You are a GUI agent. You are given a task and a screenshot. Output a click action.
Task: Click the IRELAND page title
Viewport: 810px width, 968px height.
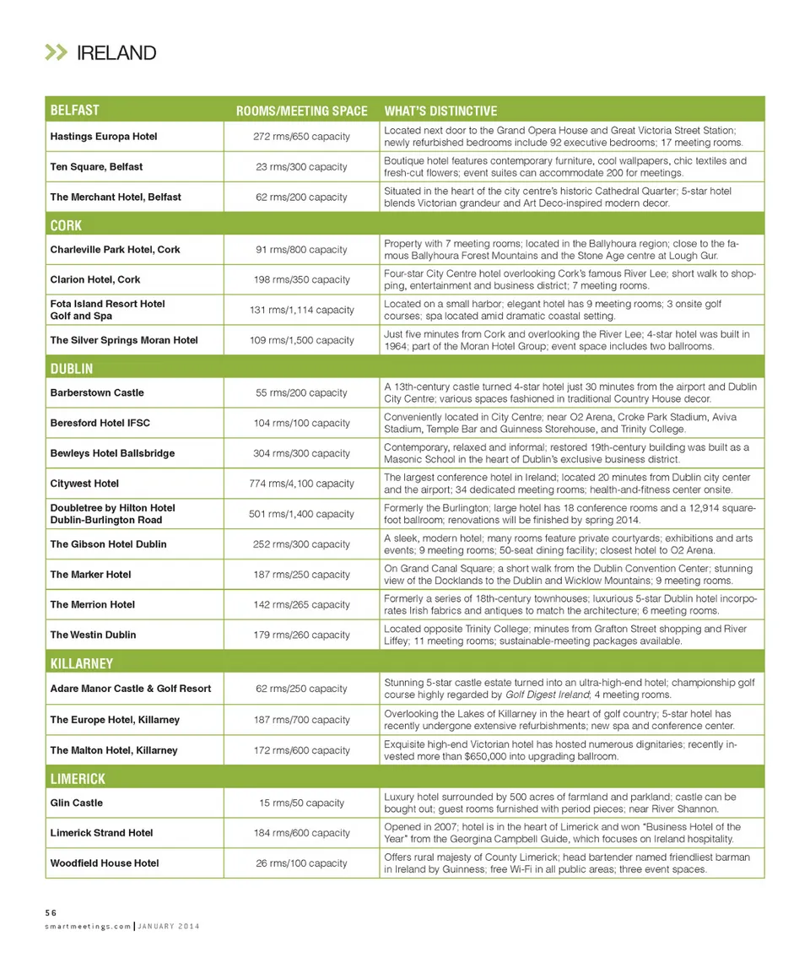(116, 53)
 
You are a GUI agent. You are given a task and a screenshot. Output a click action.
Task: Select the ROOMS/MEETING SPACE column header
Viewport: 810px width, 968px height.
(301, 111)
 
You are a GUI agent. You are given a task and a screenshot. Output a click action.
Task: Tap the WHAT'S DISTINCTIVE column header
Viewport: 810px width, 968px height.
(440, 111)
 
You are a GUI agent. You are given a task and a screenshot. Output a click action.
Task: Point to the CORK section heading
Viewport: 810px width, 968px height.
(66, 226)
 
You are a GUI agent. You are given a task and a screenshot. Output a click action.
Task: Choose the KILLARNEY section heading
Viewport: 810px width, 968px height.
(81, 663)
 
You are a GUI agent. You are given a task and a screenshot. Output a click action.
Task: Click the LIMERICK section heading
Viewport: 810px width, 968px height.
(78, 778)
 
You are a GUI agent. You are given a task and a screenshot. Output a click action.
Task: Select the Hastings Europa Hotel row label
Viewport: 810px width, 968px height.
(104, 137)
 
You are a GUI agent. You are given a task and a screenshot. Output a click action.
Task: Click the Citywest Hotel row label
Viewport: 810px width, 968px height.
(84, 484)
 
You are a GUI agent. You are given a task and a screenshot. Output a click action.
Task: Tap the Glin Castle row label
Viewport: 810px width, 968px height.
(77, 803)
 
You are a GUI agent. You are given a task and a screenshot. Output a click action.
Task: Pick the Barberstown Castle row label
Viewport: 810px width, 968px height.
(97, 392)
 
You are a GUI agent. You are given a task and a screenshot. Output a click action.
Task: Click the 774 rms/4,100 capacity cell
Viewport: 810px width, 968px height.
(301, 484)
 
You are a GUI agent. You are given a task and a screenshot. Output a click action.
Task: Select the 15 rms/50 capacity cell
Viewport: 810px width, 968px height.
(301, 803)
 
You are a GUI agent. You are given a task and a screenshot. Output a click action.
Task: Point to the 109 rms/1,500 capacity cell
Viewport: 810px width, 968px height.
(301, 340)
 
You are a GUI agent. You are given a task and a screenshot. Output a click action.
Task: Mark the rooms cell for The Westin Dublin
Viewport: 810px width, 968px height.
(301, 635)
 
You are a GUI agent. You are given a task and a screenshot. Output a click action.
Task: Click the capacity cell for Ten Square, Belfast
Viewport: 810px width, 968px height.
(301, 167)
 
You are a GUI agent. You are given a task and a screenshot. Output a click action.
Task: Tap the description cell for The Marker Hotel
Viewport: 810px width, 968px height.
(570, 574)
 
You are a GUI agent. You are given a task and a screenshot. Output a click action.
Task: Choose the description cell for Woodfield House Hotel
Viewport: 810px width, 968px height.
(570, 863)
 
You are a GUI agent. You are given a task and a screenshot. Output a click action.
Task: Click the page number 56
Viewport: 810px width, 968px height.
(51, 912)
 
